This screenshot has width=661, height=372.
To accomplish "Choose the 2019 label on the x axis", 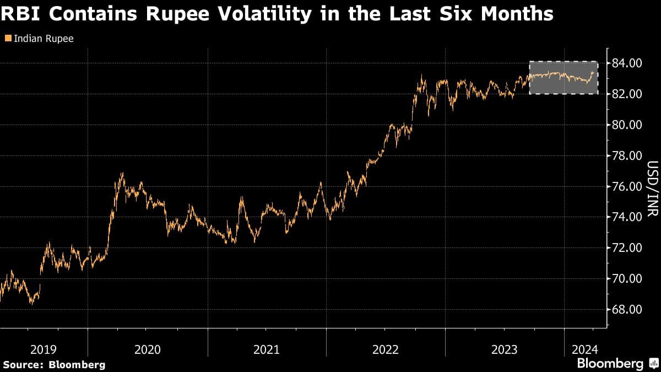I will pyautogui.click(x=44, y=349).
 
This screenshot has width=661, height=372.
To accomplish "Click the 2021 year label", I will pyautogui.click(x=266, y=349).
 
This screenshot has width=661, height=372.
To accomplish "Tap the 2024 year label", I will pyautogui.click(x=584, y=349).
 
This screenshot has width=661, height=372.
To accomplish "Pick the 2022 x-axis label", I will pyautogui.click(x=386, y=349).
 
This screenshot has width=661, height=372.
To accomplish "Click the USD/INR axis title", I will pyautogui.click(x=652, y=186).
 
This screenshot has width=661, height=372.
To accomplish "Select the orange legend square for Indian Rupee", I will pyautogui.click(x=7, y=39).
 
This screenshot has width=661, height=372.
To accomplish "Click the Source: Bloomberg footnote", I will pyautogui.click(x=54, y=364).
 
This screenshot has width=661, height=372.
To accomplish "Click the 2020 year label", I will pyautogui.click(x=147, y=349).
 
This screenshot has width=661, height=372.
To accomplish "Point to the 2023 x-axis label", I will pyautogui.click(x=505, y=349).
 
